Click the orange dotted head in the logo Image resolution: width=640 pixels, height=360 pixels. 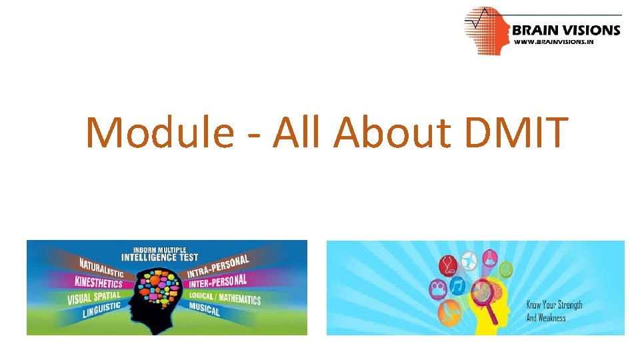click(485, 30)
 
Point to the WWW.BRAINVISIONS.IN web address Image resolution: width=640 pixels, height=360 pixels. click(553, 41)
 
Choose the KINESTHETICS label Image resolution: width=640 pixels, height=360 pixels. click(97, 283)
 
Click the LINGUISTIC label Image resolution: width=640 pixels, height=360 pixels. click(102, 310)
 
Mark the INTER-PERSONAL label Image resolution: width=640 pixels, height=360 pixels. click(217, 281)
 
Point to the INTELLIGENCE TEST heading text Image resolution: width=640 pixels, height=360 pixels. click(159, 257)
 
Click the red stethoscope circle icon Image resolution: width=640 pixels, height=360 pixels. click(448, 265)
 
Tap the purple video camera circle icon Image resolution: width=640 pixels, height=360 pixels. click(438, 290)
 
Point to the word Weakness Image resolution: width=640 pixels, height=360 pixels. click(553, 318)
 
